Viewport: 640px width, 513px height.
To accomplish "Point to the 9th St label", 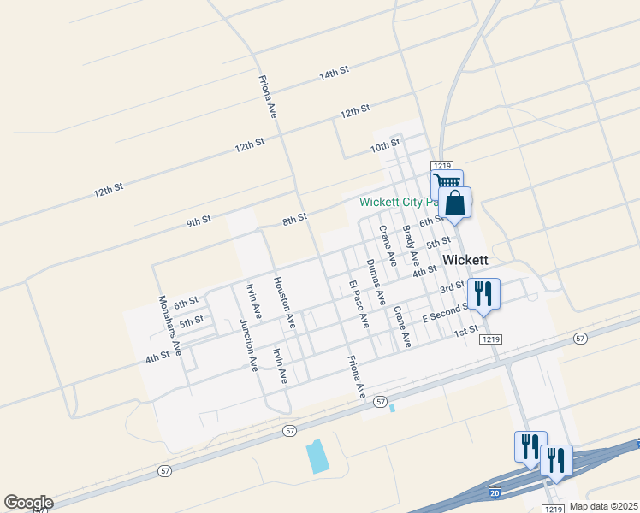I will (x=199, y=221).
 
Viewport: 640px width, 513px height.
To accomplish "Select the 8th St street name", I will (x=294, y=220).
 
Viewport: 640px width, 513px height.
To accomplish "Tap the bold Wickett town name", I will (x=465, y=259).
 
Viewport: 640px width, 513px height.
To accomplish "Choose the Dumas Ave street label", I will (x=372, y=278).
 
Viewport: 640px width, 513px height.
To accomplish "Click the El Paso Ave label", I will (x=358, y=304).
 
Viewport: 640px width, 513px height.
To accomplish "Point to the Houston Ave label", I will (x=284, y=303).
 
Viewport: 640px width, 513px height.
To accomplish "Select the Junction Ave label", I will (x=248, y=344).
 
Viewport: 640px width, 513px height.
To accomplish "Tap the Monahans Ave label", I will (x=170, y=326).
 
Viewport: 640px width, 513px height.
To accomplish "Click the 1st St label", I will (x=465, y=331).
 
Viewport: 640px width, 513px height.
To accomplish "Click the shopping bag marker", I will (x=455, y=203).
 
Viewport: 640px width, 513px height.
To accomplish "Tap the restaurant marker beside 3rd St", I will (x=483, y=294).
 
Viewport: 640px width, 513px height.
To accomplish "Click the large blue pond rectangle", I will (x=317, y=457).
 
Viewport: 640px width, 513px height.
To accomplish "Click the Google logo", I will (x=28, y=503).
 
